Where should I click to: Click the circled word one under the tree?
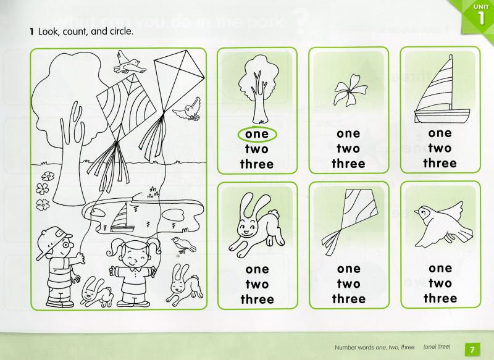[257, 133]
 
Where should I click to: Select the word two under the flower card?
[348, 148]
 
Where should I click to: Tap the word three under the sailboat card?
[440, 163]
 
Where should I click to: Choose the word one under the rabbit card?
[257, 269]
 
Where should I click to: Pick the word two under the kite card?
[348, 284]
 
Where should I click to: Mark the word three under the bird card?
[440, 298]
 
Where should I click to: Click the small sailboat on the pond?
[124, 217]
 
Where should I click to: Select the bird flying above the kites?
[128, 62]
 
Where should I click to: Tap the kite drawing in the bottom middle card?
[348, 222]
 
